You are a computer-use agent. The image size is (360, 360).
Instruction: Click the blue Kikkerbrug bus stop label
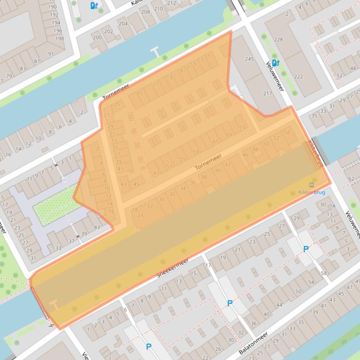(311, 192)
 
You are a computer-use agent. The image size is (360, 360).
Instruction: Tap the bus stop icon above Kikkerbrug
(312, 185)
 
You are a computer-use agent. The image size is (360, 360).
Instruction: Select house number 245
(249, 59)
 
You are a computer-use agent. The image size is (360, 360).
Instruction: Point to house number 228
(279, 40)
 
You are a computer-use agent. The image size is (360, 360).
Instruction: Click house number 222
(298, 77)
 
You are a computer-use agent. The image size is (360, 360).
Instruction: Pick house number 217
(267, 94)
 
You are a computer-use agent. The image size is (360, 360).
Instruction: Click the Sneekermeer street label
(172, 268)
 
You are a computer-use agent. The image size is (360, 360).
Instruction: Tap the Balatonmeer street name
(253, 344)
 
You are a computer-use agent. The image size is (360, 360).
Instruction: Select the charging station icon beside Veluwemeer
(275, 62)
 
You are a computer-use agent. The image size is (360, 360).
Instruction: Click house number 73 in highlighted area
(242, 127)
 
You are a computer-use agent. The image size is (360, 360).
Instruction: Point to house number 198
(59, 39)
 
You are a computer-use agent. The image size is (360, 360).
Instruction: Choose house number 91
(51, 54)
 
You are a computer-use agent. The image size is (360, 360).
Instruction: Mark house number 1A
(332, 206)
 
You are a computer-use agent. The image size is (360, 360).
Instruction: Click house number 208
(146, 12)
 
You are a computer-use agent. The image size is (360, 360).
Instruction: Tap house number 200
(97, 38)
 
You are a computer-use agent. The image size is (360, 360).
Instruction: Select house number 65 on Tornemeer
(216, 142)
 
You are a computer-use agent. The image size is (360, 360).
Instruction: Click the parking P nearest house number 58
(306, 249)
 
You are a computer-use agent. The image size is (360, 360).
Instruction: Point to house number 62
(351, 179)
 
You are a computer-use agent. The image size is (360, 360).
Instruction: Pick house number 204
(123, 23)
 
